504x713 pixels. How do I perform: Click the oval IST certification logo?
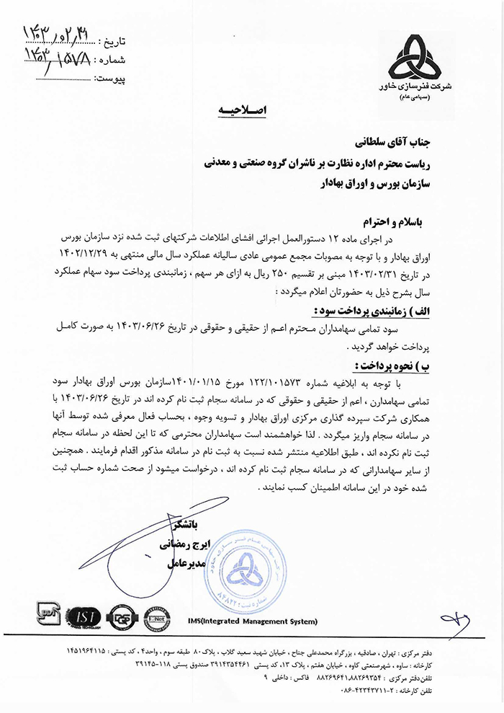[x=81, y=619]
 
